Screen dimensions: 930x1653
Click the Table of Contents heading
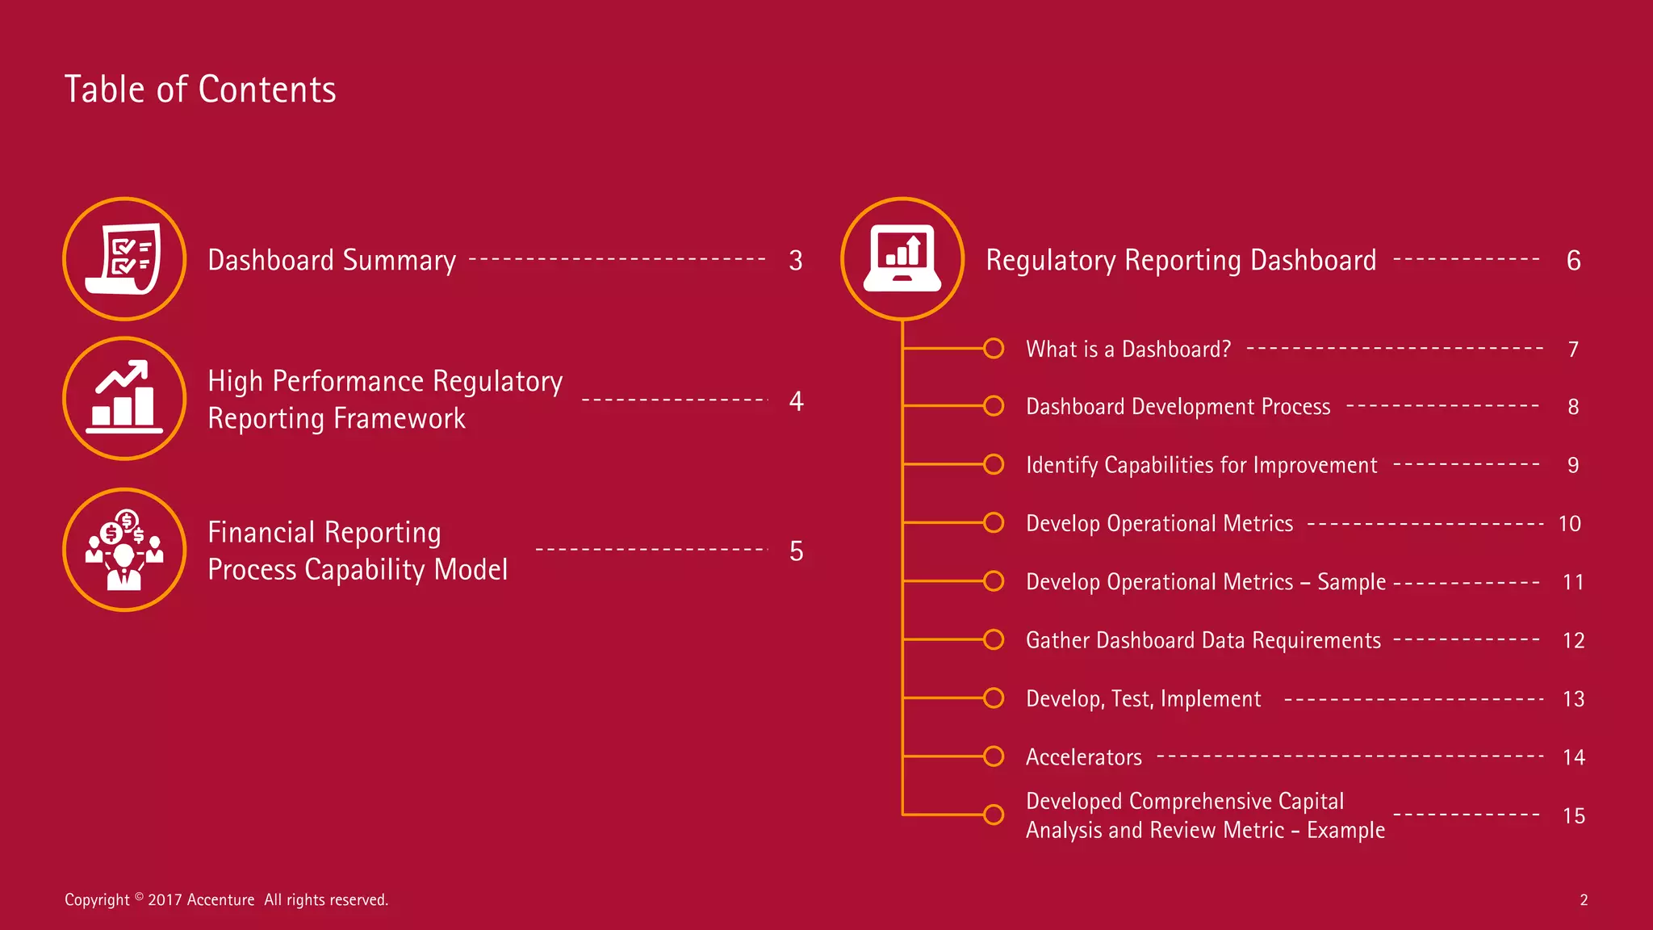200,90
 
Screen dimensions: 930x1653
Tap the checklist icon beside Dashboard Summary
124,259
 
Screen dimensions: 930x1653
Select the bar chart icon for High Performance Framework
124,398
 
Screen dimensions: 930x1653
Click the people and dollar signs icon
124,550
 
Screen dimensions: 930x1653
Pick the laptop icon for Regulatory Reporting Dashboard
902,259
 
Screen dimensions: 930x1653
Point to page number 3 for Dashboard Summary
796,261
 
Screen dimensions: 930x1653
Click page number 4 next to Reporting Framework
796,401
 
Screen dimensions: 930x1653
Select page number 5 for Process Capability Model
796,551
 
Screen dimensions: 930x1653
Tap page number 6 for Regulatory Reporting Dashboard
1573,261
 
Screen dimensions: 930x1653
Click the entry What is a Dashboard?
1128,350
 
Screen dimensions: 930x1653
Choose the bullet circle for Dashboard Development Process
994,405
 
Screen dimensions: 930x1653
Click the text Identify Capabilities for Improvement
1201,465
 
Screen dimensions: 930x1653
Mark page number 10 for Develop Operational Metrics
1569,524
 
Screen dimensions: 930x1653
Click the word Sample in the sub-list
1351,582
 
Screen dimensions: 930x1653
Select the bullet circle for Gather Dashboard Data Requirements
994,639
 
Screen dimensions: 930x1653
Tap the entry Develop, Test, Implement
1143,699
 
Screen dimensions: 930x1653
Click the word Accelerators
1083,757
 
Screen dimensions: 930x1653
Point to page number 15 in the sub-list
1573,816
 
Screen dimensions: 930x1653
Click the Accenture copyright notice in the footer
226,899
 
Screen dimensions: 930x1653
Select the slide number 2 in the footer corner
1584,900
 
